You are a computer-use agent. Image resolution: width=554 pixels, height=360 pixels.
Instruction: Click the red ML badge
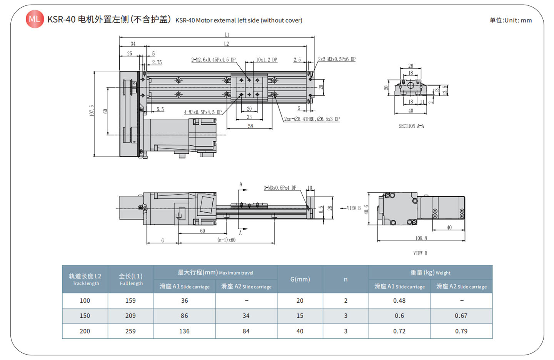pos(35,19)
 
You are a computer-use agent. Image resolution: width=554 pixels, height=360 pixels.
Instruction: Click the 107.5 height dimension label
pos(92,111)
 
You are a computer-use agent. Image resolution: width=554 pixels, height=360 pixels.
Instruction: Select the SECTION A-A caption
pos(411,126)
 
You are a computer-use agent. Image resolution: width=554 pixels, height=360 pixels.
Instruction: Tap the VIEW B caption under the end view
pos(420,253)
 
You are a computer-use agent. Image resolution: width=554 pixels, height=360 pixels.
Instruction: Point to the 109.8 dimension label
pos(421,238)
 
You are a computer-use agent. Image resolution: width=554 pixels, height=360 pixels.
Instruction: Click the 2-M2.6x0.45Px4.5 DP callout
pos(213,60)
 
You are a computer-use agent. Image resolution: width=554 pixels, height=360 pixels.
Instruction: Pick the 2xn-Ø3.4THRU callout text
pos(312,119)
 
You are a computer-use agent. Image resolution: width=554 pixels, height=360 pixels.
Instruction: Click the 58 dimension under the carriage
pos(250,126)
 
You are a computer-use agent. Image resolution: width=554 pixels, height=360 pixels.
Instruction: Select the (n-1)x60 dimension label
pos(226,240)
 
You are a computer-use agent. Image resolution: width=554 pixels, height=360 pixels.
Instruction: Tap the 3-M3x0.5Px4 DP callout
pos(280,188)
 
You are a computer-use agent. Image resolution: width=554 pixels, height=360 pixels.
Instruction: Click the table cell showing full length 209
pos(130,316)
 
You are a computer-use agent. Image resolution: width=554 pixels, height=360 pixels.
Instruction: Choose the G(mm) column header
pos(300,279)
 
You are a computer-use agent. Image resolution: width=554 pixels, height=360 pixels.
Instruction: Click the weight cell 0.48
pos(399,301)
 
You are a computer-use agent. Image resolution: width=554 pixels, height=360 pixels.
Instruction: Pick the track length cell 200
pos(85,331)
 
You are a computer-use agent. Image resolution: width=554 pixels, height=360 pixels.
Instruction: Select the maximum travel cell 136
pos(184,331)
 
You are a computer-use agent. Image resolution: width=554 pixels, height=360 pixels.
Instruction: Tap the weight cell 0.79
pos(461,331)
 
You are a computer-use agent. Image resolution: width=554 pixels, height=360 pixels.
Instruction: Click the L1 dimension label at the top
pos(227,35)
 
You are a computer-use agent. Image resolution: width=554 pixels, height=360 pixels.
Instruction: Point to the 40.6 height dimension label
pos(366,210)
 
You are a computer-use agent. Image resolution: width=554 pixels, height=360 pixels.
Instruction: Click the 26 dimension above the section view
pos(410,66)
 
